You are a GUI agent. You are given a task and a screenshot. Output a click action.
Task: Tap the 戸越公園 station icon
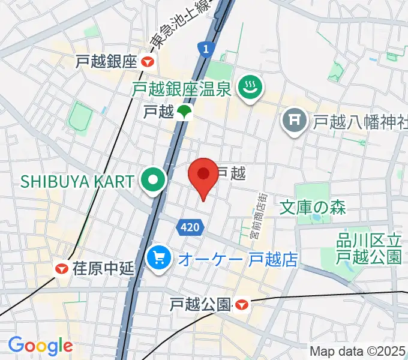point(241,305)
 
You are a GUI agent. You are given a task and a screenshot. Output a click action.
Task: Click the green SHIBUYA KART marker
point(154,180)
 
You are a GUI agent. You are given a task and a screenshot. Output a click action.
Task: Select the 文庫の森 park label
point(313,208)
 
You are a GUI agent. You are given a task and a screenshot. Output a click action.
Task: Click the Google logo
point(40,346)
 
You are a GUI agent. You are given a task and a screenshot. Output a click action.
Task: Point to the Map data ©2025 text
point(358,351)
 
